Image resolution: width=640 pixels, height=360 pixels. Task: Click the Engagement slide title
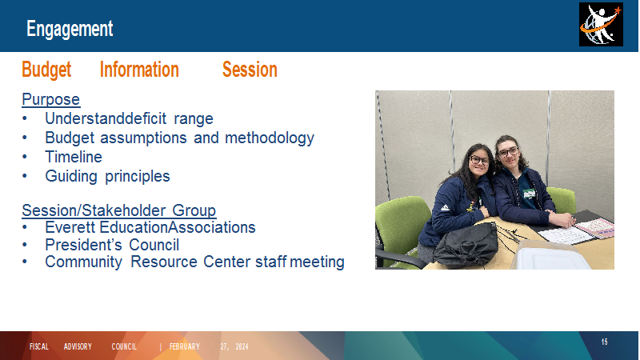[x=70, y=29]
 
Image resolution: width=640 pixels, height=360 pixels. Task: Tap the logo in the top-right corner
[x=601, y=25]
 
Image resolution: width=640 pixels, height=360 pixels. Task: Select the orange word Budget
[x=46, y=70]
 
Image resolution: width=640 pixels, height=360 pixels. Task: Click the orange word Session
[x=250, y=70]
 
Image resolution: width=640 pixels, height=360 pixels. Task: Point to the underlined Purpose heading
[x=51, y=99]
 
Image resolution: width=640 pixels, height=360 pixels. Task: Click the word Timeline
[x=74, y=157]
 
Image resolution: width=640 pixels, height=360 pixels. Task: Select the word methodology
[x=270, y=138]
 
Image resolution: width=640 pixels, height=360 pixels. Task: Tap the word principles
[x=137, y=176]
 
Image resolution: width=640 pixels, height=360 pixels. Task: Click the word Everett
[x=70, y=227]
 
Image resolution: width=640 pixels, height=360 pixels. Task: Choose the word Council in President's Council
[x=154, y=245]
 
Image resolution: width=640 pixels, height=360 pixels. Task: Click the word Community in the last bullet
[x=83, y=262]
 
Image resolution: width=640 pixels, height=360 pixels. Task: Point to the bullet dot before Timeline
[x=25, y=157]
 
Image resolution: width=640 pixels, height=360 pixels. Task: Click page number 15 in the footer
[x=605, y=342]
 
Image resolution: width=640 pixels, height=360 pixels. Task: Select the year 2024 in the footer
[x=242, y=346]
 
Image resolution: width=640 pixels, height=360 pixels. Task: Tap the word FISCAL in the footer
[x=38, y=346]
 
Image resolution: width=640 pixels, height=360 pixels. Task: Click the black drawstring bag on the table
[x=466, y=245]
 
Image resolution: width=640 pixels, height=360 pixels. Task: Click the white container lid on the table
[x=549, y=256]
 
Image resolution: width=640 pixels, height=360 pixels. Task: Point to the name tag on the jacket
[x=530, y=194]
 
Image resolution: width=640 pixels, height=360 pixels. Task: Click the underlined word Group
[x=194, y=210]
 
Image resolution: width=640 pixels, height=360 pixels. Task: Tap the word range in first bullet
[x=194, y=119]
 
